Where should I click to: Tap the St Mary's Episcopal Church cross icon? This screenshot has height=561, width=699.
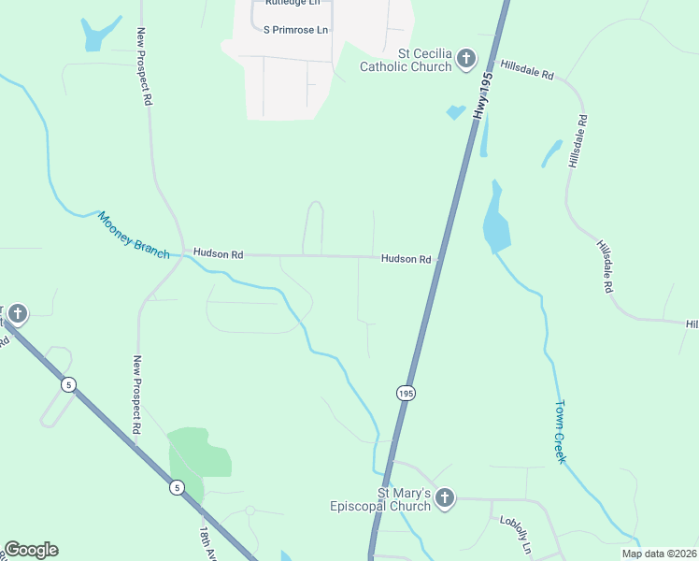(x=445, y=499)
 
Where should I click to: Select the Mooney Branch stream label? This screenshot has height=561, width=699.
(x=134, y=235)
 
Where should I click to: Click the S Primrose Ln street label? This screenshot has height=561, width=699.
(x=295, y=30)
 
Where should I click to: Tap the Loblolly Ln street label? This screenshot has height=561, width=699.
(x=515, y=533)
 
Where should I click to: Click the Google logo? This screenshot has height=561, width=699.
(x=31, y=550)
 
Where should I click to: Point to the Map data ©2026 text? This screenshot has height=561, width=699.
(x=659, y=553)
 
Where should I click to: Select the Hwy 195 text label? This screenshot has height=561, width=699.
(x=481, y=96)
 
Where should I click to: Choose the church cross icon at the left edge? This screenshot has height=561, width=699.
(x=19, y=313)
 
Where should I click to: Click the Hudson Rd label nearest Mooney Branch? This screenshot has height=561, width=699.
(x=218, y=253)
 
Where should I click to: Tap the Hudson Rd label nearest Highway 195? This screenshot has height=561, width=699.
(x=405, y=258)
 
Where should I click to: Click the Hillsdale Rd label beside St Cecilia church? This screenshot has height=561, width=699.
(x=527, y=70)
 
